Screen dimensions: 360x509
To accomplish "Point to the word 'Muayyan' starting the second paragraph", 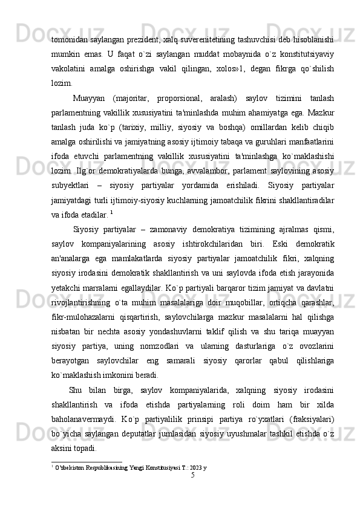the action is (91, 99).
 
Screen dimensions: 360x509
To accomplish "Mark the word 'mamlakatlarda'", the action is (127, 259).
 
